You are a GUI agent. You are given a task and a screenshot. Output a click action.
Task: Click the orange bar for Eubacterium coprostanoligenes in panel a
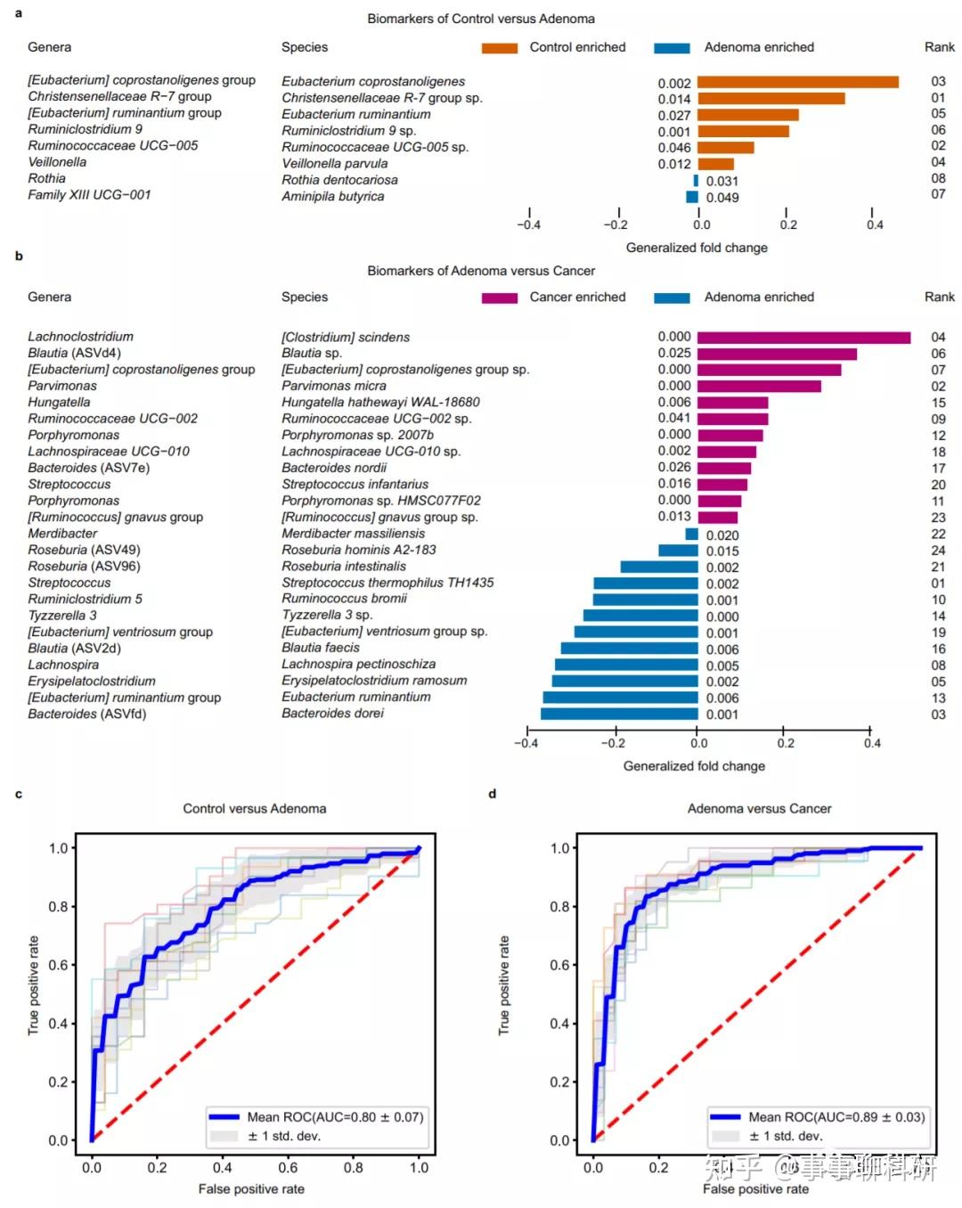point(797,82)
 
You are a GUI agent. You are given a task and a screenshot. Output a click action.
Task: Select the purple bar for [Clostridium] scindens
point(803,338)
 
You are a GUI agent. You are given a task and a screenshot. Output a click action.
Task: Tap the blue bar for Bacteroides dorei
point(619,714)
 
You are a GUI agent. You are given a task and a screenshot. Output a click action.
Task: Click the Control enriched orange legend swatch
point(500,48)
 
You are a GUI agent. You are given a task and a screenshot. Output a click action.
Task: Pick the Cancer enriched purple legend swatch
point(500,298)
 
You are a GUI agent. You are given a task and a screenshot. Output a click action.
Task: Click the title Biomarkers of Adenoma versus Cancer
point(481,271)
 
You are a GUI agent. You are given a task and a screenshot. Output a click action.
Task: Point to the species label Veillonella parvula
point(335,164)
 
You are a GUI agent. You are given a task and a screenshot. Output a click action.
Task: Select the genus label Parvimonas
point(62,386)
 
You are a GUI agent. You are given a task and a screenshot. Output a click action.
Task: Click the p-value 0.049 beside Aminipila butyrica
point(722,198)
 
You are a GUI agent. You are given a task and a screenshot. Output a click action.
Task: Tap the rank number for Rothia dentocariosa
point(938,178)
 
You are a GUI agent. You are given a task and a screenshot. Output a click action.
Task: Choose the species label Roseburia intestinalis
point(344,567)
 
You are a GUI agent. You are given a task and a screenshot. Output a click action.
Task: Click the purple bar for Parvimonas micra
point(759,387)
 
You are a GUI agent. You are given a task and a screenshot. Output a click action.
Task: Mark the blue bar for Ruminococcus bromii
point(645,600)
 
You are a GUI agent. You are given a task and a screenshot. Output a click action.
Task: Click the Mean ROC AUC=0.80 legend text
point(335,1117)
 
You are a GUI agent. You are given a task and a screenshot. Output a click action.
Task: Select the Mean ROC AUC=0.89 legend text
point(836,1117)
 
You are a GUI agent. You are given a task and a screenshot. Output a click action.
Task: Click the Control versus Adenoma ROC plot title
point(255,809)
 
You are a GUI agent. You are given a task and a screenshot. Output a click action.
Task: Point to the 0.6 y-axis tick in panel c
point(58,965)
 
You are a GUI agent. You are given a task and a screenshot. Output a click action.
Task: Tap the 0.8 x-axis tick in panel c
point(354,1167)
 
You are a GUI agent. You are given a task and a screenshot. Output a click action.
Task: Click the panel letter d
point(493,794)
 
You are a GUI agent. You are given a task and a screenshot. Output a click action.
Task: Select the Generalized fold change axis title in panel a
point(697,248)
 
